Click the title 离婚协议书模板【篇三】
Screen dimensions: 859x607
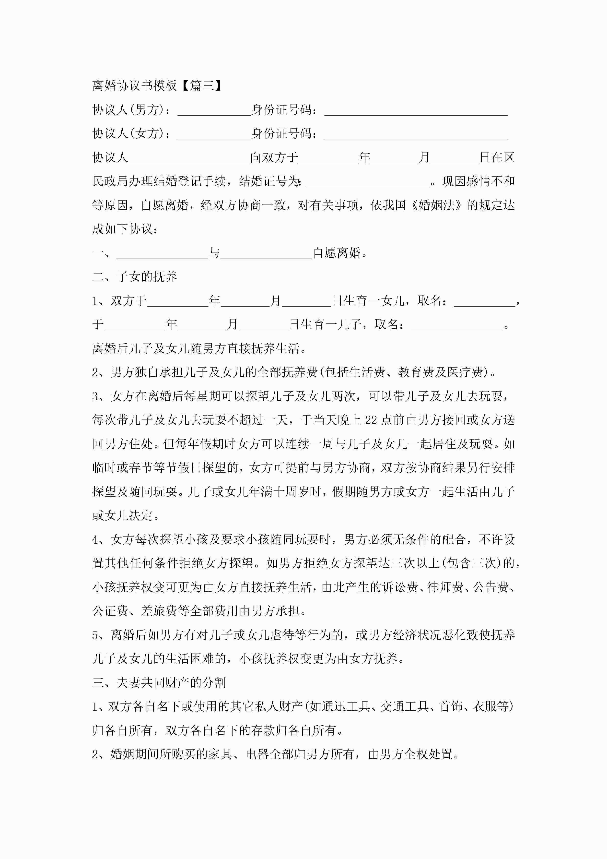pyautogui.click(x=157, y=86)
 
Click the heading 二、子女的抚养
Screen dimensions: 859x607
pyautogui.click(x=135, y=277)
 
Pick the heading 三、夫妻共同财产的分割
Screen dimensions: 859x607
pyautogui.click(x=159, y=683)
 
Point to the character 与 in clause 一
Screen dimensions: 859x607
pyautogui.click(x=214, y=253)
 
